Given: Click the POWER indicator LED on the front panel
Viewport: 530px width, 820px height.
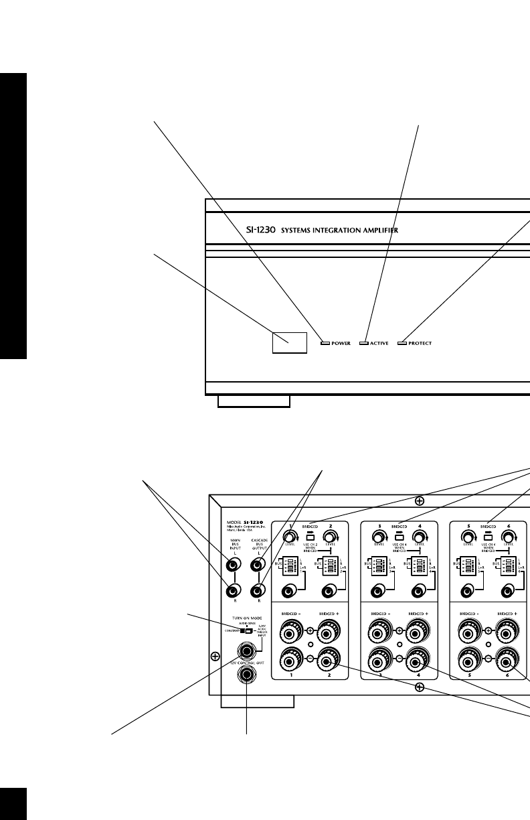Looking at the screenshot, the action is coord(325,344).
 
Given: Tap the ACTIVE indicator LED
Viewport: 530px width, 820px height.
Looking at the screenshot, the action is coord(364,344).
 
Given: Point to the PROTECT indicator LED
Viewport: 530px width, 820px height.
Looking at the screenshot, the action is coord(402,344).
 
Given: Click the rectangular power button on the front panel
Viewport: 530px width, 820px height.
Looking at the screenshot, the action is coord(289,342).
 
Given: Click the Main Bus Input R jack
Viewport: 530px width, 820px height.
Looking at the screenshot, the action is coord(233,591).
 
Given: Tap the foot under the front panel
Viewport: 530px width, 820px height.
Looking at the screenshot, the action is coord(254,401).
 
